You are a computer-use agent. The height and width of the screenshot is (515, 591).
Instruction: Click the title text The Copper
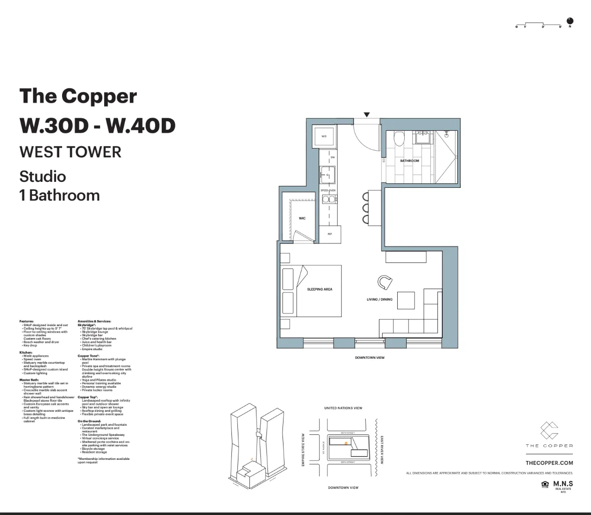(78, 96)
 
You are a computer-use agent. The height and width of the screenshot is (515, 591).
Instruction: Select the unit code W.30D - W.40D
(97, 125)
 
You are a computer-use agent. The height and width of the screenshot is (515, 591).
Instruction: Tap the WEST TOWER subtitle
(70, 152)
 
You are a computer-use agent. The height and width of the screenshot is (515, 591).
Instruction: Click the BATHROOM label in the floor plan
(409, 161)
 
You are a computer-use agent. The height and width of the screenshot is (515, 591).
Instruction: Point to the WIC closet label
(302, 218)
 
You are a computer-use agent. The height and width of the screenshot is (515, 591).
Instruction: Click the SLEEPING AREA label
(320, 289)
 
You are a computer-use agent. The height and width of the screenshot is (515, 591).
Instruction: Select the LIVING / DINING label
(380, 300)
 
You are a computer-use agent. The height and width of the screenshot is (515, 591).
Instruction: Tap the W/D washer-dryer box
(324, 136)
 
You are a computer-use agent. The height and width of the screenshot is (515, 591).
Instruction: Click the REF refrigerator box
(330, 234)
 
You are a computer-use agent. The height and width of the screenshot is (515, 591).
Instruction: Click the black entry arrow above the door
(367, 115)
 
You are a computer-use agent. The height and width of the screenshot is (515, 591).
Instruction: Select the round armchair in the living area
(385, 283)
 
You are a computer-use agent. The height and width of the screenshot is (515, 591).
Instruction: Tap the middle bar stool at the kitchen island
(366, 207)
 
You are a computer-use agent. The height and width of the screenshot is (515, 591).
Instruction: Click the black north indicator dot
(570, 21)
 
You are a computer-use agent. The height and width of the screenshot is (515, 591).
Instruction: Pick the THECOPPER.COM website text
(549, 463)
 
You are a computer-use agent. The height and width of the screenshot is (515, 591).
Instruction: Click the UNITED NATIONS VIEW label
(343, 408)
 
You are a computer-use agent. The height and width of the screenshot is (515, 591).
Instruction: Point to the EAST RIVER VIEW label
(382, 449)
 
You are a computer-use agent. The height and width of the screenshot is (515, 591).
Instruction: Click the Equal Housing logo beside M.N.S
(545, 484)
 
